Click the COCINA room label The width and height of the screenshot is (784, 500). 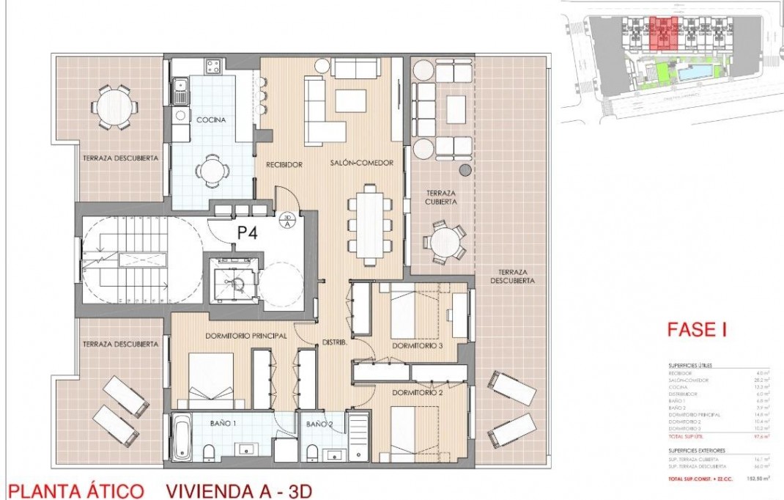point(211,119)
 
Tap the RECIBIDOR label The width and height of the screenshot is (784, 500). point(284,164)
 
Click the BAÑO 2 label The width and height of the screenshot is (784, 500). point(319,424)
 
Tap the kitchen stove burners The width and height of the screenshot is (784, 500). point(212,67)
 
